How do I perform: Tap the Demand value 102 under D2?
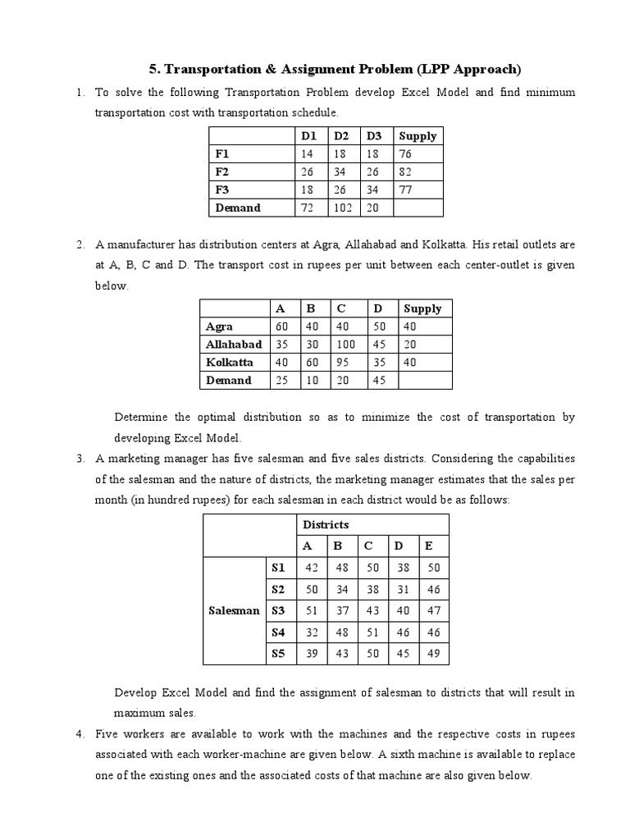point(342,208)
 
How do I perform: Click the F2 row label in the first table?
point(223,171)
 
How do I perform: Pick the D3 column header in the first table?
point(374,135)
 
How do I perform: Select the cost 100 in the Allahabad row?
point(345,345)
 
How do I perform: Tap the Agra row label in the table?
point(219,326)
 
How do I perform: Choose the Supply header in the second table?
point(422,308)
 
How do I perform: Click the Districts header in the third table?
point(326,524)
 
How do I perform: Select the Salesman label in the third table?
point(234,610)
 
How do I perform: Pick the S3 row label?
point(280,610)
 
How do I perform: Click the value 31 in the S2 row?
point(399,589)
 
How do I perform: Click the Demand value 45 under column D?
point(379,380)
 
